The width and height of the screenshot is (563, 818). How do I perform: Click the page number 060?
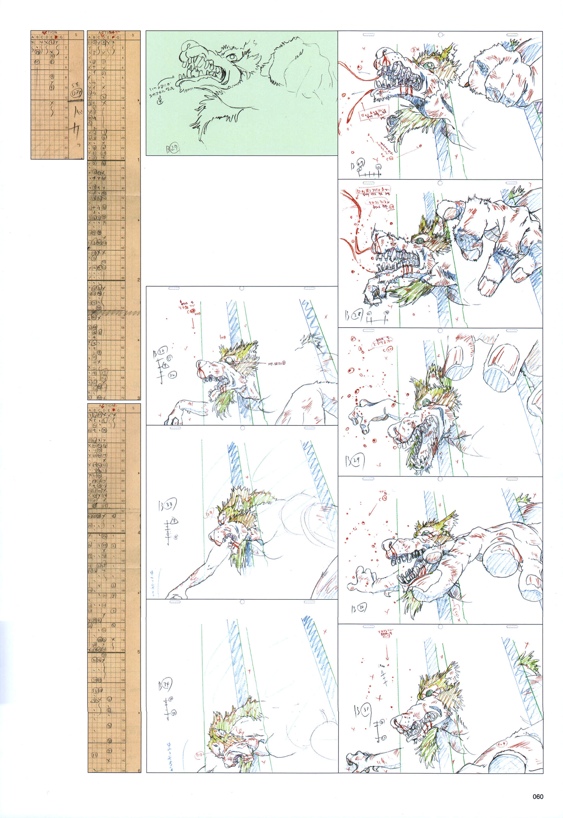point(538,796)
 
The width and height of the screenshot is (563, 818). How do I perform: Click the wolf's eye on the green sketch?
point(232,57)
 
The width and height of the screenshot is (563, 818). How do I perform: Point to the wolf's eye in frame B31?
point(430,694)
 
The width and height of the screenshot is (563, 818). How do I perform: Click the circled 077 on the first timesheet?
point(76,93)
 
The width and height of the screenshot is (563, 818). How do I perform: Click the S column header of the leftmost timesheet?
point(76,35)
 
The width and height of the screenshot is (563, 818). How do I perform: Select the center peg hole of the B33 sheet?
point(242,428)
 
